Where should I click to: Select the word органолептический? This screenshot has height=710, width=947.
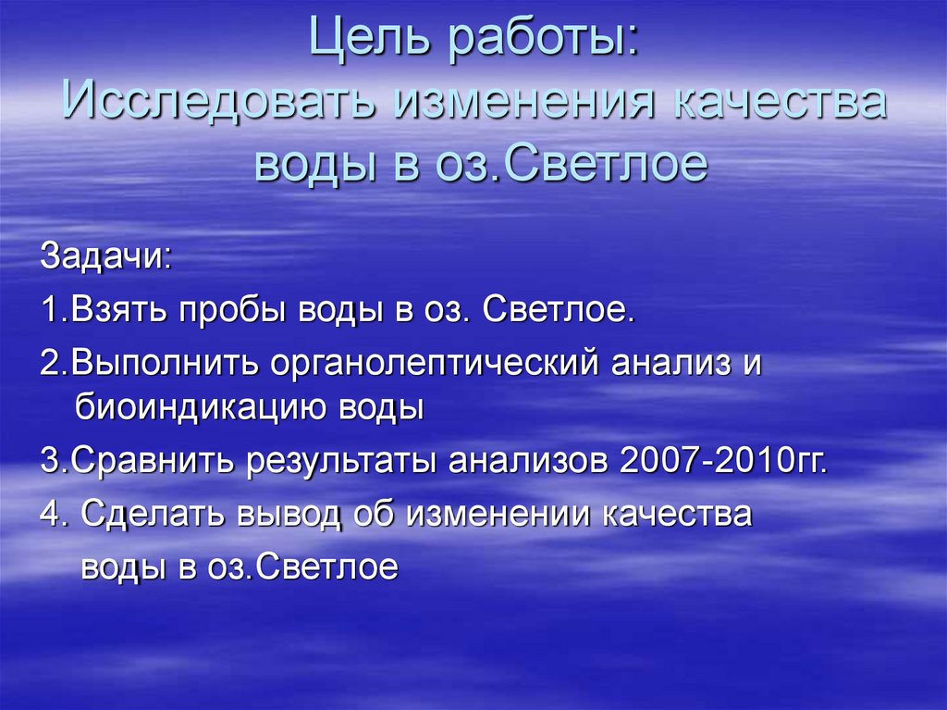pyautogui.click(x=435, y=363)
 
